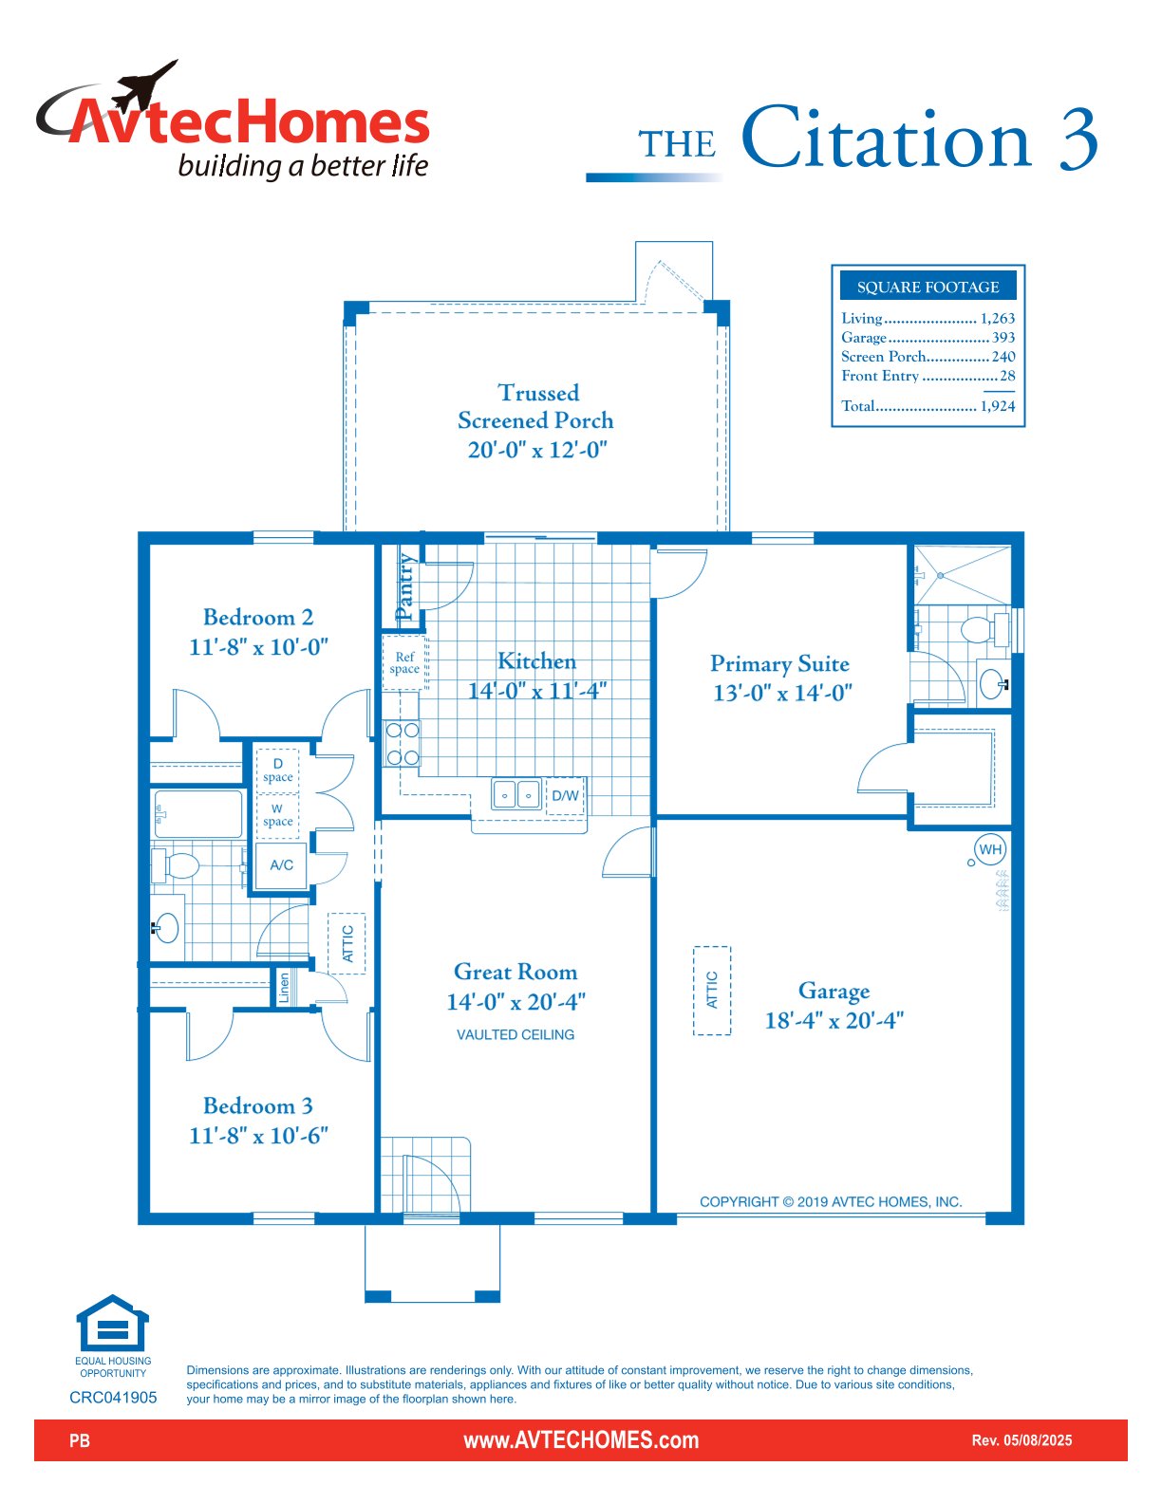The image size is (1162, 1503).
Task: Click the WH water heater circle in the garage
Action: (x=989, y=849)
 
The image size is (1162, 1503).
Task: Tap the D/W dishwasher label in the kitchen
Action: (x=565, y=795)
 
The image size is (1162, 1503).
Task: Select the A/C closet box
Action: (x=281, y=864)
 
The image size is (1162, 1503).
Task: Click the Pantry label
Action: (x=404, y=585)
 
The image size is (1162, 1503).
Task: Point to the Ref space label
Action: (x=404, y=662)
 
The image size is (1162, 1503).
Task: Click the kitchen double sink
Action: (x=515, y=794)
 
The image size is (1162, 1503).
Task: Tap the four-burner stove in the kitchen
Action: (x=403, y=744)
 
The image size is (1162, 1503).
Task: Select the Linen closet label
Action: (x=284, y=988)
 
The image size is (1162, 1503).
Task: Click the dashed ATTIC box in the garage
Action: (x=711, y=990)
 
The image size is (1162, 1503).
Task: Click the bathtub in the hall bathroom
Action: (x=198, y=814)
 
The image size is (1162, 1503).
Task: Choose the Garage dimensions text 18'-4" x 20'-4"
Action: (x=834, y=1020)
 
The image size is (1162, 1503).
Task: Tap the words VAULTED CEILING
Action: (x=515, y=1035)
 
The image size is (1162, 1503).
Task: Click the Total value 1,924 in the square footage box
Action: (x=997, y=406)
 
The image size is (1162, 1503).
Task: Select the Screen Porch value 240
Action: (x=1003, y=356)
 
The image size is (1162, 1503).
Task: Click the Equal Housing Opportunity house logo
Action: (x=113, y=1323)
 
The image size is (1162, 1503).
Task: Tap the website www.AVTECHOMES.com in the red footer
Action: (x=581, y=1440)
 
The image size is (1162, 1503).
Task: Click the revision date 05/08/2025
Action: (x=1038, y=1440)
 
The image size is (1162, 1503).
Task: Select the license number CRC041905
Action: (x=113, y=1397)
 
